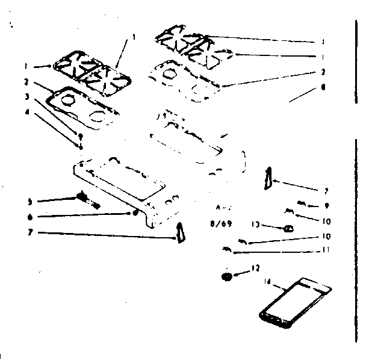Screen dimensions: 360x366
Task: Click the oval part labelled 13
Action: (288, 228)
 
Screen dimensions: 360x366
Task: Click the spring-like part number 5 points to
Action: (84, 197)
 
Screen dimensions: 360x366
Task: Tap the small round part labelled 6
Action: (136, 213)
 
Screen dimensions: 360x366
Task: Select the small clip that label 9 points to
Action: (301, 202)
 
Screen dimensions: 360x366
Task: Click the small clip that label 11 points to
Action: (226, 248)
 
